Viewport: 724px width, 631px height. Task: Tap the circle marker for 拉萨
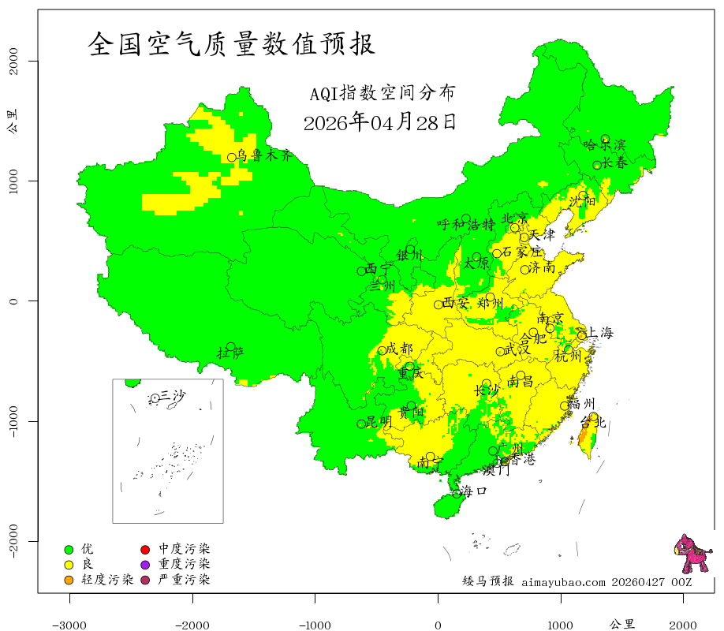[230, 347]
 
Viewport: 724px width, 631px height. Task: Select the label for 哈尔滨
[604, 144]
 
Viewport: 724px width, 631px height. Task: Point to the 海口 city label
[474, 491]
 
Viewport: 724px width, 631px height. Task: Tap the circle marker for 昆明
[361, 424]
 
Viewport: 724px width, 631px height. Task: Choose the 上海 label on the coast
[600, 333]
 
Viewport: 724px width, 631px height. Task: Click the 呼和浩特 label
[466, 224]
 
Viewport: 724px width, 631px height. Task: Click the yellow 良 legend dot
[69, 565]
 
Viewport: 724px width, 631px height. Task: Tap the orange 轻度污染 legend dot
[69, 581]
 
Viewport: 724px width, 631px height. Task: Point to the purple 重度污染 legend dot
[146, 565]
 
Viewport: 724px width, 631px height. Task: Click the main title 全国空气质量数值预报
[231, 44]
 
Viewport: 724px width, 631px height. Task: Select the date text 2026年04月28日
[379, 122]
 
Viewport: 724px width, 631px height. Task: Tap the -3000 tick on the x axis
[69, 625]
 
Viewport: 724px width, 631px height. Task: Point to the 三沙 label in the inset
[173, 395]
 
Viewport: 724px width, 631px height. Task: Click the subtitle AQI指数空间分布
[382, 93]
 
